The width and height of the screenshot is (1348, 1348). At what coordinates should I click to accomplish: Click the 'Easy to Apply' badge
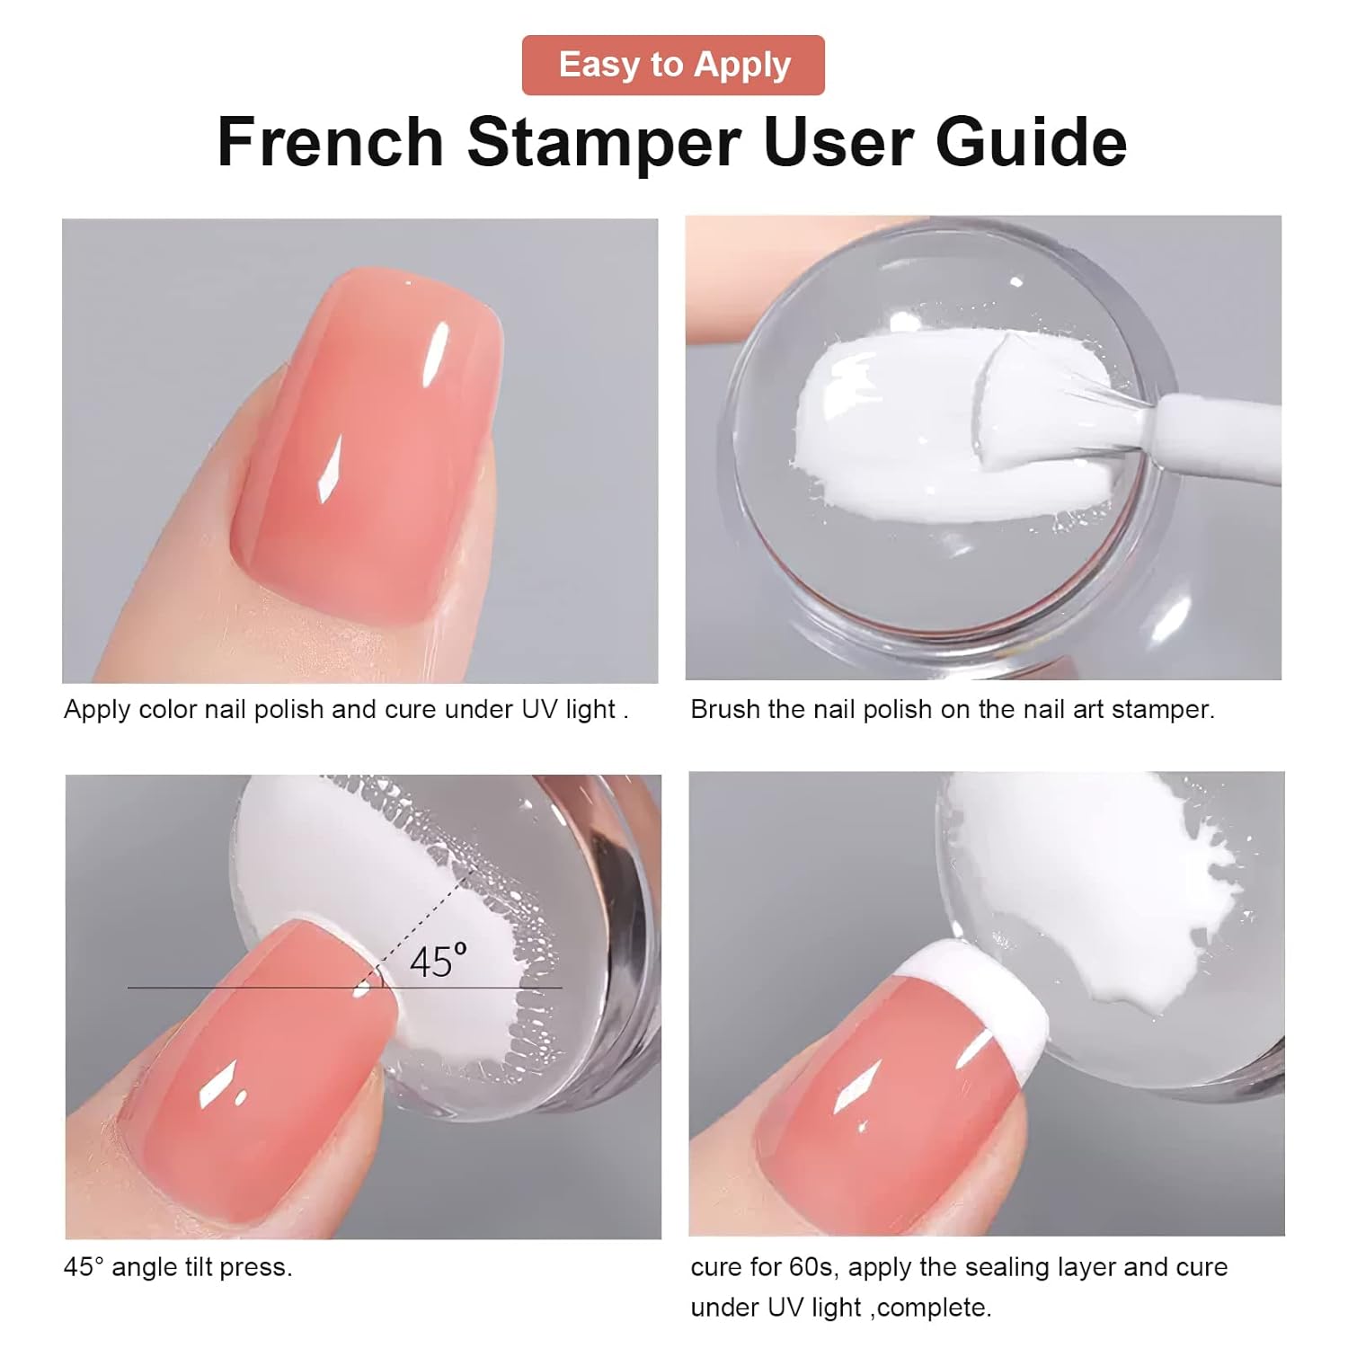point(673,65)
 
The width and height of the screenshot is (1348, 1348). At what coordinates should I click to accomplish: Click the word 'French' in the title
point(330,142)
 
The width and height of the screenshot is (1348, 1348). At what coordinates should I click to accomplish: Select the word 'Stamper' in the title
point(603,142)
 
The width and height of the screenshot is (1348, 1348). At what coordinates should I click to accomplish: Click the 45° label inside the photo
point(438,962)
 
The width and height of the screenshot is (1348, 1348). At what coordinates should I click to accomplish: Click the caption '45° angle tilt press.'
point(178,1267)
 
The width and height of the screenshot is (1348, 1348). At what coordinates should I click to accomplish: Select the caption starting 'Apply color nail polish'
point(346,709)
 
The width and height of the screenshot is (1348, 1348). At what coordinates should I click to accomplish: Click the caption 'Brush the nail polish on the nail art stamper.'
point(952,709)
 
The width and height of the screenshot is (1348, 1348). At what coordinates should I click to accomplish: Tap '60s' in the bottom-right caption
point(812,1267)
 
